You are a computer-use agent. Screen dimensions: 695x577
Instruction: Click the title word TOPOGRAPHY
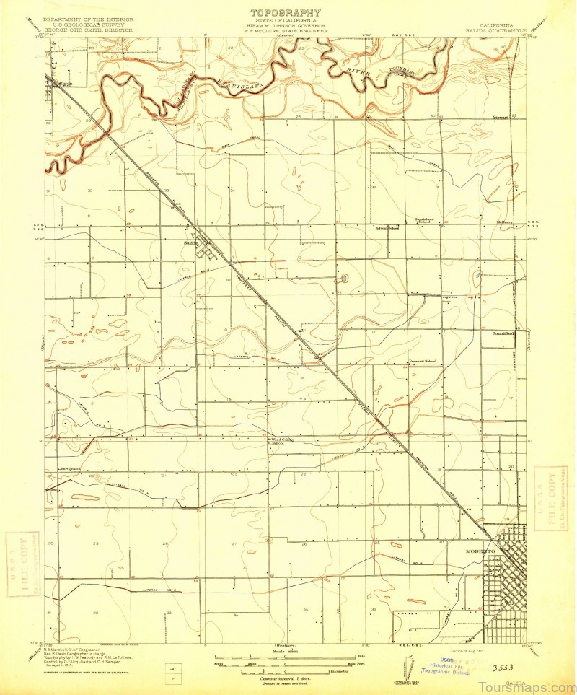point(286,12)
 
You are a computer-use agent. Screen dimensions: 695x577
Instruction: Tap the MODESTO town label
point(480,551)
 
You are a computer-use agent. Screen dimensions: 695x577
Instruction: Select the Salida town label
point(190,243)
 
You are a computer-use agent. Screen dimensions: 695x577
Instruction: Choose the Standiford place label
point(503,334)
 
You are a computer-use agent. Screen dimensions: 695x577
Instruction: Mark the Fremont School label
point(425,361)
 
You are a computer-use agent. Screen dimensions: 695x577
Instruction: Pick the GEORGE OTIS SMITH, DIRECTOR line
point(88,31)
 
